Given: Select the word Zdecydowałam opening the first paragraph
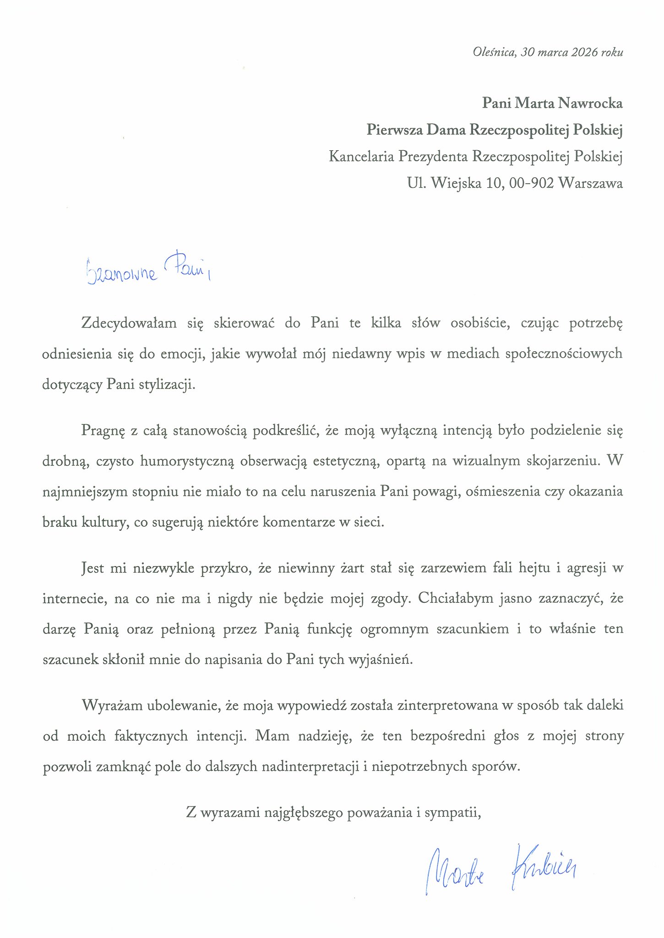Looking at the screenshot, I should [129, 323].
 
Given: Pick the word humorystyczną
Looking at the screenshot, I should [187, 461].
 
